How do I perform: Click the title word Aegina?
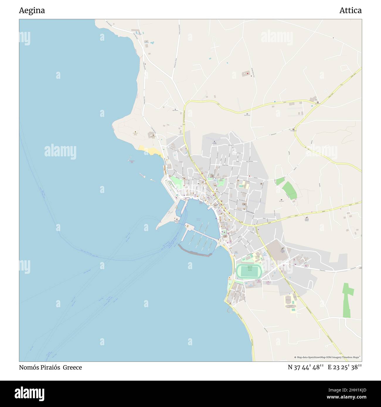(x=32, y=11)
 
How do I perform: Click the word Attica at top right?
(x=350, y=11)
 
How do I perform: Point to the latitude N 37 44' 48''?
(x=305, y=367)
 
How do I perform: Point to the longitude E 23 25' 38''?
(x=345, y=367)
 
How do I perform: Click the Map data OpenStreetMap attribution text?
(x=327, y=357)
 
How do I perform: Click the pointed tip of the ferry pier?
(x=158, y=228)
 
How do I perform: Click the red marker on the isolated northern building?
(x=248, y=73)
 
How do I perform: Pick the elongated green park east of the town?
(x=290, y=191)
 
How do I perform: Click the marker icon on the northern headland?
(x=135, y=132)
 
